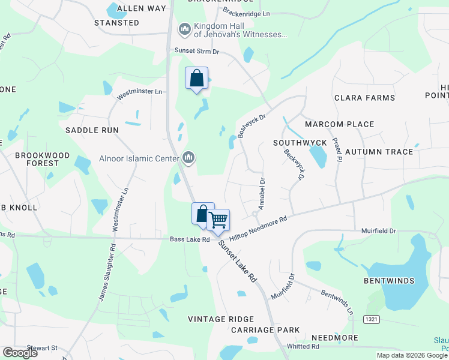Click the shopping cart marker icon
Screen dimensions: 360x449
click(218, 220)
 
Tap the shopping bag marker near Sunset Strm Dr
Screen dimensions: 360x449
click(197, 79)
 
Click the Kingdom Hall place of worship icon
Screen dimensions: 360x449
click(184, 28)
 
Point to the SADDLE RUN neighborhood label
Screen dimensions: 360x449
click(92, 130)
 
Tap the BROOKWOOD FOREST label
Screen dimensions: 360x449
click(37, 159)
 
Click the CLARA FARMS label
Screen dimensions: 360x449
click(364, 98)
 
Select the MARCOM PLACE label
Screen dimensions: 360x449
click(339, 124)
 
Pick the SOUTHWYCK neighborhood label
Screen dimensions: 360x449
click(300, 143)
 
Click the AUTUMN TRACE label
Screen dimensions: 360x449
click(379, 152)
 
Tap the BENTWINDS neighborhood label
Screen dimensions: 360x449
click(390, 281)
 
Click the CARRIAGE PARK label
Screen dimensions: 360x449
click(265, 331)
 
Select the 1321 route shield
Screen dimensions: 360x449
click(372, 320)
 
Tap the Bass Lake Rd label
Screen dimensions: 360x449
click(189, 240)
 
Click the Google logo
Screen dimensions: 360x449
click(20, 353)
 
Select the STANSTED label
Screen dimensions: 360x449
click(116, 23)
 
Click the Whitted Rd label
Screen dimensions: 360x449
click(303, 347)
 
